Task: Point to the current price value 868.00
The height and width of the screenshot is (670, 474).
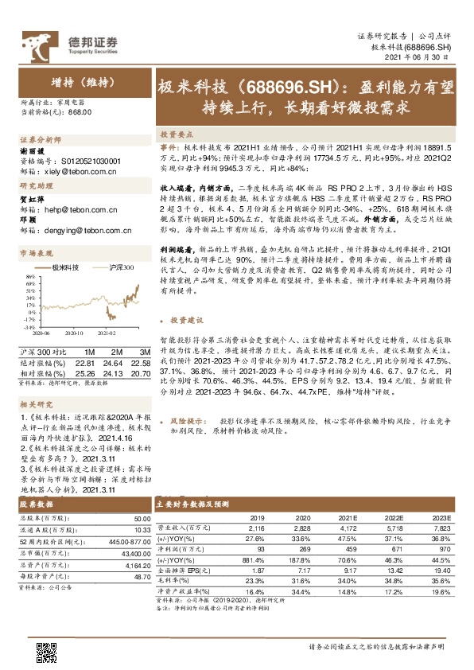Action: click(x=80, y=113)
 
